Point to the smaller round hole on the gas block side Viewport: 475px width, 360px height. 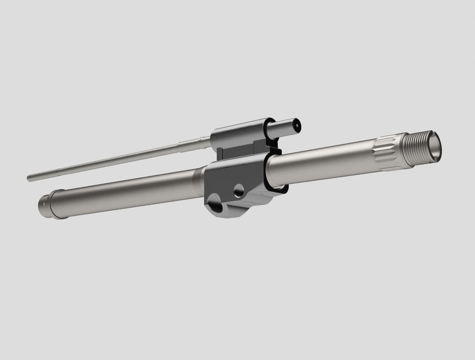tap(238, 189)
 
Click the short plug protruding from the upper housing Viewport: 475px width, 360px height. tap(289, 124)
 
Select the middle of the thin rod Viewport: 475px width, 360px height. tap(115, 160)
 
